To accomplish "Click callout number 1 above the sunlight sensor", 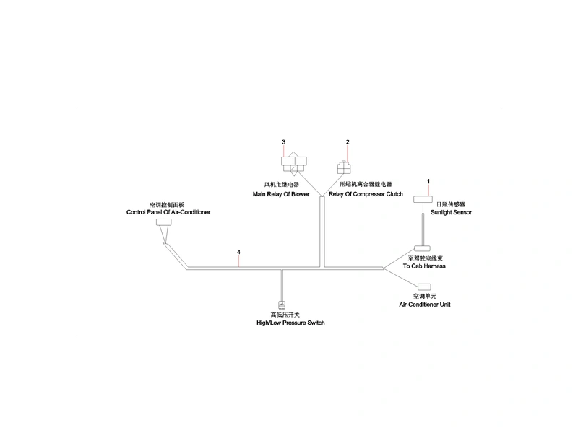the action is point(428,181).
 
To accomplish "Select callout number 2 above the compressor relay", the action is point(348,141).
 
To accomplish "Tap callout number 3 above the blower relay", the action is point(283,141).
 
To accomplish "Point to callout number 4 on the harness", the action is point(238,252).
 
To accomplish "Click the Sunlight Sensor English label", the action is point(451,212).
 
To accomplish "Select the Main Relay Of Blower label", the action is point(281,194).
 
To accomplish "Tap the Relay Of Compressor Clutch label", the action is point(366,194).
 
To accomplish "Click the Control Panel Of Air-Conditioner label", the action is point(168,212).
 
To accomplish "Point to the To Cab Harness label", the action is point(424,266).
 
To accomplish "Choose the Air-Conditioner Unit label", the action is point(425,305).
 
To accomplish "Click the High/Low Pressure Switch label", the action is point(290,323).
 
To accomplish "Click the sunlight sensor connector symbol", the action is point(423,199).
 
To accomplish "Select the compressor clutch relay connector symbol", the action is point(344,167).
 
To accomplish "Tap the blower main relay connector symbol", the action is point(294,162).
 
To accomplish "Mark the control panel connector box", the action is point(164,222).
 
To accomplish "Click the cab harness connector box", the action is point(422,248).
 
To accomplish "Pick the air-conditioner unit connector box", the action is point(424,287).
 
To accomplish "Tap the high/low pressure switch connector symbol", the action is point(282,305).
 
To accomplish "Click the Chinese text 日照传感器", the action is point(450,204).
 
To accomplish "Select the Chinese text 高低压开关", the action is point(285,315).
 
